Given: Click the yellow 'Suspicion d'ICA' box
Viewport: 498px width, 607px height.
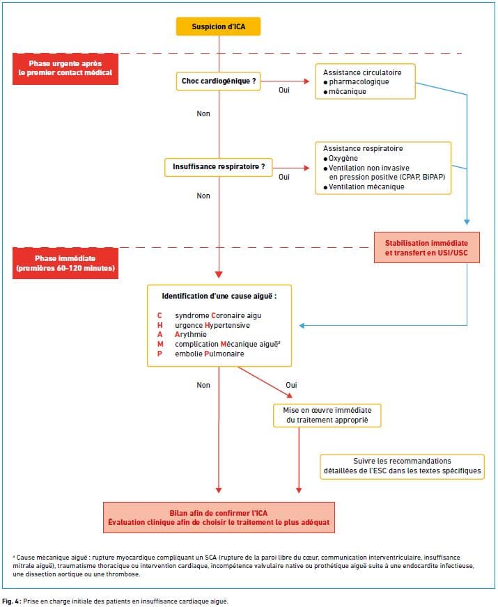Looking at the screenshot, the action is tap(219, 26).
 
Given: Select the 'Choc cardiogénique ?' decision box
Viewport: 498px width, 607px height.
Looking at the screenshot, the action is tap(219, 81).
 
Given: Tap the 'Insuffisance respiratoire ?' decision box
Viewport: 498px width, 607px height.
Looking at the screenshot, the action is tap(219, 167).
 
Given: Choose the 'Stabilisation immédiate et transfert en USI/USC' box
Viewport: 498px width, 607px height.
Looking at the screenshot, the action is tap(427, 248).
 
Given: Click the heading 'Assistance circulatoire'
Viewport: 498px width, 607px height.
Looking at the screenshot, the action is tap(362, 72).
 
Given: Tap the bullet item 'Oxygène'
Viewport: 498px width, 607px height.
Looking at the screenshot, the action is tap(341, 158).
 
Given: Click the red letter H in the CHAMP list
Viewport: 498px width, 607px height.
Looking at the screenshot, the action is tap(160, 325).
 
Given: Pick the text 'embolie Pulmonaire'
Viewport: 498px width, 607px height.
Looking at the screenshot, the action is tap(210, 354).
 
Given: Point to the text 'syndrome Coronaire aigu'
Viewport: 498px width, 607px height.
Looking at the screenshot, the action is tap(218, 315).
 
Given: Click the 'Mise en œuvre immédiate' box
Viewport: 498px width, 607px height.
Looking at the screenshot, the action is tap(327, 416).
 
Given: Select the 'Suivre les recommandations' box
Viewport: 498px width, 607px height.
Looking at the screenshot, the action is tap(403, 466).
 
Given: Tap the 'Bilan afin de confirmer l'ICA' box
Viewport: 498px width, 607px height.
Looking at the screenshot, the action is tap(219, 518).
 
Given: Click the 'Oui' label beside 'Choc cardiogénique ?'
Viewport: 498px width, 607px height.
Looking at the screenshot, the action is tap(284, 90).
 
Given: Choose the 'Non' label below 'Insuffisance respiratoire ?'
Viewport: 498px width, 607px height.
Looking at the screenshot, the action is tap(203, 196).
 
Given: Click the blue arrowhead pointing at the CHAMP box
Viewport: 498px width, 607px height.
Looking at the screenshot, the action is tap(302, 326).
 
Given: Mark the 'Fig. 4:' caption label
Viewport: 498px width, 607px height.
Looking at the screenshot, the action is tap(12, 601).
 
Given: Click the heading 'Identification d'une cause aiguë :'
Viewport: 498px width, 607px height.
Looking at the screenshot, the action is tap(219, 296).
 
